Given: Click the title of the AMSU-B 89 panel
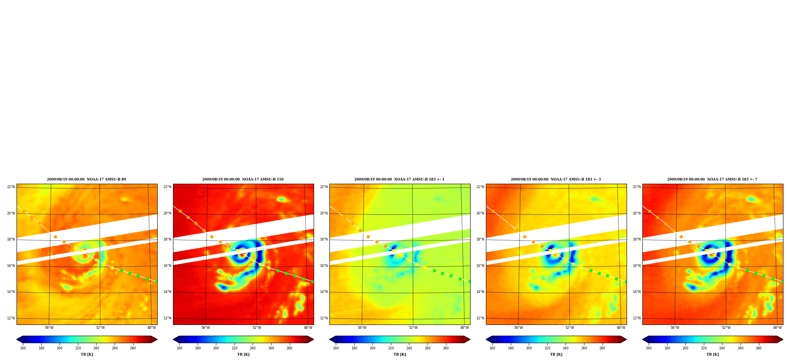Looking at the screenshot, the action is coord(86,179).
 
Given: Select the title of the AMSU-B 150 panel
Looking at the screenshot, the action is coord(243,179).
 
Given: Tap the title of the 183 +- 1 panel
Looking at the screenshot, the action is coord(399,179).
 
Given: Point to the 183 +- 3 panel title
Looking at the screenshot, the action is coord(556,179).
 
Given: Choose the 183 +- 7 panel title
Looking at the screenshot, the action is coord(712,179).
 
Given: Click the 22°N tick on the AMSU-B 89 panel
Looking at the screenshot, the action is coord(11,187).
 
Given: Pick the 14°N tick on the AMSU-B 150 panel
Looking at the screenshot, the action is coord(167,292).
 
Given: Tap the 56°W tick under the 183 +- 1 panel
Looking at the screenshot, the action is coord(362,328).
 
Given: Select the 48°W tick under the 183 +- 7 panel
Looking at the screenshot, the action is coord(777,328).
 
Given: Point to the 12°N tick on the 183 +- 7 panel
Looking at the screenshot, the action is coord(636,318).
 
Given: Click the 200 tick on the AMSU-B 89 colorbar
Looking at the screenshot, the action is coord(60,348).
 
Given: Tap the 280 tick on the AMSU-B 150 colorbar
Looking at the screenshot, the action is coord(289,348).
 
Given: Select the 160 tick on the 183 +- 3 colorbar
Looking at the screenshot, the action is coord(492,348).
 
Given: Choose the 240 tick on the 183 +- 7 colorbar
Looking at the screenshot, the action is coord(722,348).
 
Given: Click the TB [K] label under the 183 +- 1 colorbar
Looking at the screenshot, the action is coord(400,354).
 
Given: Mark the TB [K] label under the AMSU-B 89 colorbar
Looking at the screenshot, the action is coord(87,354).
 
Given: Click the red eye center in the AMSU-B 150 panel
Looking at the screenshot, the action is coord(242,255).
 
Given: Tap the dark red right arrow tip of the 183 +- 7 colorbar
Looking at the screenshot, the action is coord(783,339).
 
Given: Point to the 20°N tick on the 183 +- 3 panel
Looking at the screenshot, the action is coord(480,213).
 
